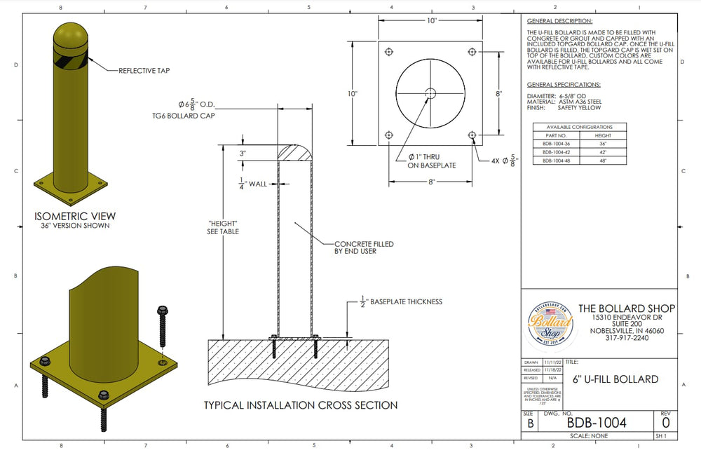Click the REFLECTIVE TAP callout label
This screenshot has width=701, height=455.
click(x=144, y=71)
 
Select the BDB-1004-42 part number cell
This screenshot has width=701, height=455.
click(x=554, y=151)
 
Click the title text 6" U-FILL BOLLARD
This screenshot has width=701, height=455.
click(x=615, y=379)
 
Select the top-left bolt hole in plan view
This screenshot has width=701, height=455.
click(x=389, y=52)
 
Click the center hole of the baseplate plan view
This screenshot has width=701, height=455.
click(x=430, y=93)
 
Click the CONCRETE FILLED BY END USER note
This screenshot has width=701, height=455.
click(x=364, y=247)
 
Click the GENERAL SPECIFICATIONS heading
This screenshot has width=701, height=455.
click(x=563, y=85)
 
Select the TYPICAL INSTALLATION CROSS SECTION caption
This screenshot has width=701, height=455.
click(x=301, y=405)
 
